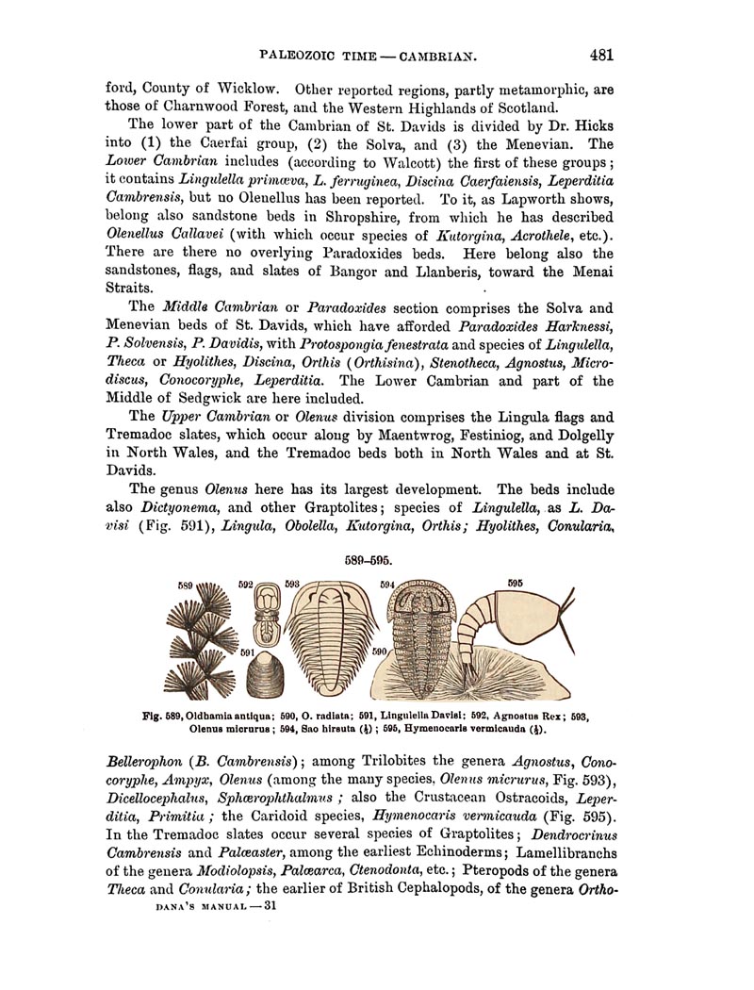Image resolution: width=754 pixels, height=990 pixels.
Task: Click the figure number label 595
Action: tap(515, 583)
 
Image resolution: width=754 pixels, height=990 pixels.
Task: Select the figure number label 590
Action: tap(381, 652)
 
